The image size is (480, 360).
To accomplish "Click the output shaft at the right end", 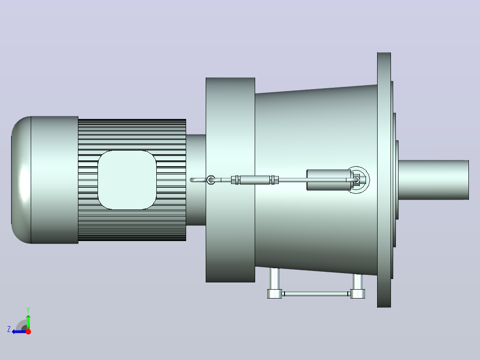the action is pyautogui.click(x=434, y=180).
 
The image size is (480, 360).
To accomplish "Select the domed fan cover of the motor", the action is pyautogui.click(x=21, y=180).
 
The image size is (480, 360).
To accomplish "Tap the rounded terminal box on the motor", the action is pyautogui.click(x=127, y=180).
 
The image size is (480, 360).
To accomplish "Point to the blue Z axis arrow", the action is pyautogui.click(x=19, y=331).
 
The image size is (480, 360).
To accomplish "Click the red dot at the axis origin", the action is pyautogui.click(x=28, y=331).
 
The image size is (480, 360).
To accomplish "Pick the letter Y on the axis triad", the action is pyautogui.click(x=28, y=310).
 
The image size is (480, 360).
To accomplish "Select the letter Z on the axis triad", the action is pyautogui.click(x=9, y=329).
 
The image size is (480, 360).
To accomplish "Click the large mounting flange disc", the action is pyautogui.click(x=384, y=180).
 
